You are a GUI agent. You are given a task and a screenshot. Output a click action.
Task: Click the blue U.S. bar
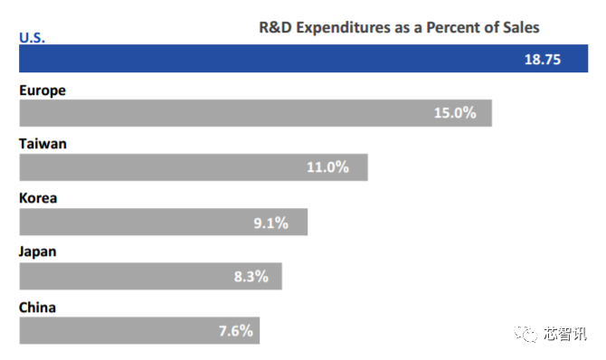pos(303,59)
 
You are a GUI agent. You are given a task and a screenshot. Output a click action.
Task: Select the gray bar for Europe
pos(255,113)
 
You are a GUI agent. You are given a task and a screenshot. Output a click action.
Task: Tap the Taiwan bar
pos(194,167)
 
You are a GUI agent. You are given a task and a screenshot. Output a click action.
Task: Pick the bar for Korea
pos(164,222)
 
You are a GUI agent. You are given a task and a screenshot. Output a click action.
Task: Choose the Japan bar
pos(150,276)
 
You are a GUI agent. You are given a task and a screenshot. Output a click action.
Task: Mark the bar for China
pos(139,331)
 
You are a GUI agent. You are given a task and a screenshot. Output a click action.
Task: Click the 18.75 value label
pos(542,60)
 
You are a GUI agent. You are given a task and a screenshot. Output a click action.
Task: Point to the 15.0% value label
pos(455,113)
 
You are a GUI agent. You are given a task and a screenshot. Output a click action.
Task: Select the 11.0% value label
pos(327,167)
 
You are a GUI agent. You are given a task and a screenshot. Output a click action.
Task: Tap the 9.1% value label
pos(271,223)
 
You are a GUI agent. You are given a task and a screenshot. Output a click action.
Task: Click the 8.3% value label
pos(251,277)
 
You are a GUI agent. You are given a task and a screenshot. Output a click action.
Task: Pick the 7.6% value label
pos(236,331)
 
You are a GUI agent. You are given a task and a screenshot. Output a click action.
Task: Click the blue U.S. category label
pos(32,37)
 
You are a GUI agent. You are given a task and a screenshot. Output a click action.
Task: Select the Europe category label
pos(43,90)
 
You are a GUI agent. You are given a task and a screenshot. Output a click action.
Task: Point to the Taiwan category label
pos(43,144)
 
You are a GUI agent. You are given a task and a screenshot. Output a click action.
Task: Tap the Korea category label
pos(38,198)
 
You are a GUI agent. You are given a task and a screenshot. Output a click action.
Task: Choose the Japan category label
pos(37,252)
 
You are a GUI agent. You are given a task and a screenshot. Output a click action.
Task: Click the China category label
pos(37,308)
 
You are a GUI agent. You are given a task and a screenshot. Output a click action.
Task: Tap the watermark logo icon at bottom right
pos(526,333)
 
